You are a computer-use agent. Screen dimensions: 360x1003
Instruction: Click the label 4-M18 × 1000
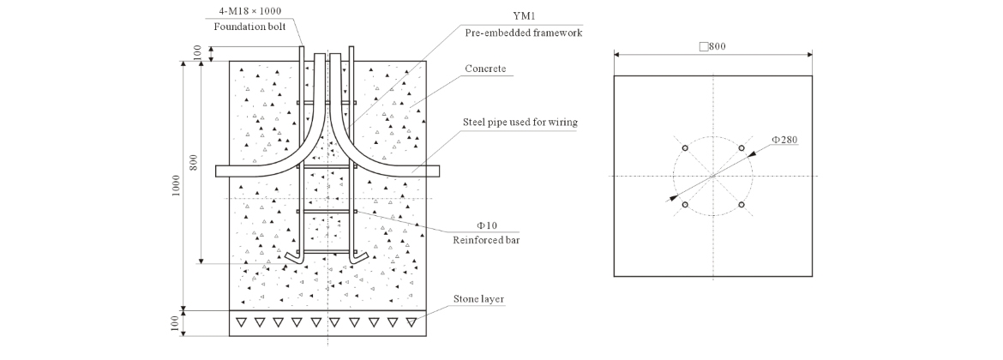coord(249,10)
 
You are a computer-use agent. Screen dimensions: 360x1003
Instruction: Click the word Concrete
coord(485,69)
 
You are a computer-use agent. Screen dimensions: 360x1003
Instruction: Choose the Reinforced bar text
coord(486,240)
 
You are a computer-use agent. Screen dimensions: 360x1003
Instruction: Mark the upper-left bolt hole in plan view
coord(685,148)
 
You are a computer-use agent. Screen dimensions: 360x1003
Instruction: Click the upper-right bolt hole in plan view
coord(742,148)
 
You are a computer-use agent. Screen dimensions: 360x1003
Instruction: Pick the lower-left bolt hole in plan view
coord(685,205)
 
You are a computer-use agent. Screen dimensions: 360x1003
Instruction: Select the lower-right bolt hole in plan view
coord(742,205)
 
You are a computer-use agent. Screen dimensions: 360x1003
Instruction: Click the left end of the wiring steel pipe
coord(219,171)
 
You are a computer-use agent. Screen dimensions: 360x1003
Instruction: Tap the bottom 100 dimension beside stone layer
coord(176,323)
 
